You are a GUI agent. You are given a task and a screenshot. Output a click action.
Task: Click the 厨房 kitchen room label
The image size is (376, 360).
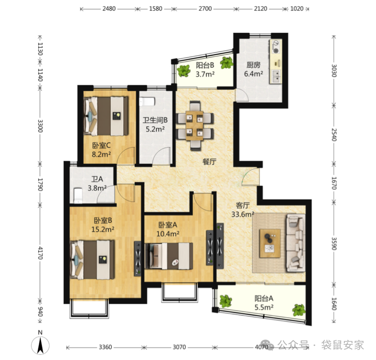(x=253, y=65)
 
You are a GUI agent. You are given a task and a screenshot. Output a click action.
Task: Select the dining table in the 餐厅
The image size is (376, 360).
(x=194, y=126)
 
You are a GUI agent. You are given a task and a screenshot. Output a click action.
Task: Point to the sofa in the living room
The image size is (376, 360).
(x=296, y=243)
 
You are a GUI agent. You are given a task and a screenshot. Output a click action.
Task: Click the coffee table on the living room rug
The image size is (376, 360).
(x=270, y=243)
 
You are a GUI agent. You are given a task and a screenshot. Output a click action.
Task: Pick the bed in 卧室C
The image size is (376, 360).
(x=106, y=116)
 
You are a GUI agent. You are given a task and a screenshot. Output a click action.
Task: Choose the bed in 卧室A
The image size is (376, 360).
(x=169, y=256)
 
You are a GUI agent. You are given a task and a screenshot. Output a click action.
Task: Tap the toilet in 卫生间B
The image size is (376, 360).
(x=147, y=102)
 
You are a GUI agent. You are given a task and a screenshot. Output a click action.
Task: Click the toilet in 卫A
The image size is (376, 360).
(x=78, y=195)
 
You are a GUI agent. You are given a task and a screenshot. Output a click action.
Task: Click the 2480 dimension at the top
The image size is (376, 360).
(x=109, y=9)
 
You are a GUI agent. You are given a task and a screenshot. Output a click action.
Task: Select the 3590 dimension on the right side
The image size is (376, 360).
(x=334, y=244)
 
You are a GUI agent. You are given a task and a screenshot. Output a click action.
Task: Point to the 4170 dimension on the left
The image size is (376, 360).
(x=40, y=253)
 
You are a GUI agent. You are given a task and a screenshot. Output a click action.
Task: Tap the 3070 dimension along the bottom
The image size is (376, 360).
(x=179, y=347)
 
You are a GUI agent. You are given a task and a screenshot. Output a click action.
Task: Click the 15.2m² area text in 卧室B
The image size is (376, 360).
(x=103, y=229)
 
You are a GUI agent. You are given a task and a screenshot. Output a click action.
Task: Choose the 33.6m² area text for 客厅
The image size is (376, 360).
(x=243, y=214)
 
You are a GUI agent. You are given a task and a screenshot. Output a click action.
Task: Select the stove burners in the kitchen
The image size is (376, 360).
(x=276, y=47)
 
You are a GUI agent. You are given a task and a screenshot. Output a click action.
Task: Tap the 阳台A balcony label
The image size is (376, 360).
(x=264, y=298)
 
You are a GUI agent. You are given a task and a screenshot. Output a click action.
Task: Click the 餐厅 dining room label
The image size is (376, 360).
(x=210, y=162)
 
